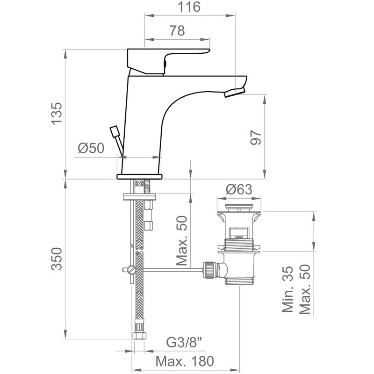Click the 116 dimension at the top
189,7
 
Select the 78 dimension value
176,31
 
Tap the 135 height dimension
56,113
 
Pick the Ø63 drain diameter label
239,189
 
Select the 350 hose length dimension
56,259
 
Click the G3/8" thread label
186,343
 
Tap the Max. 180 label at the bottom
185,361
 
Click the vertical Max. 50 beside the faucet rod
182,241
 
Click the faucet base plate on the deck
139,176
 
